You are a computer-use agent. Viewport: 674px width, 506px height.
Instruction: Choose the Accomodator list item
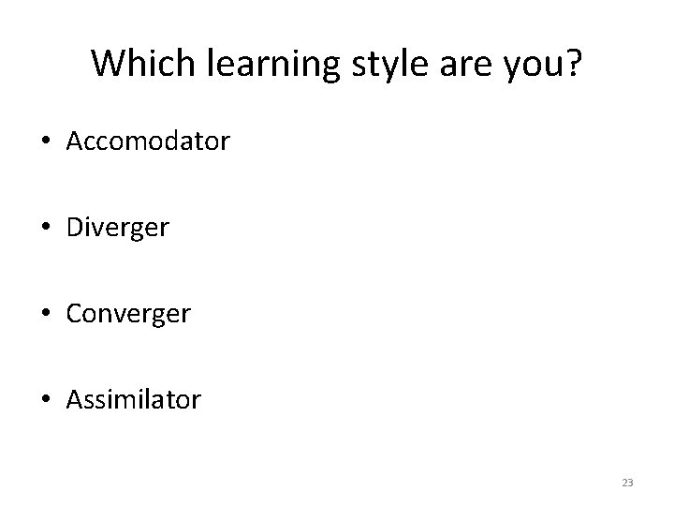(148, 142)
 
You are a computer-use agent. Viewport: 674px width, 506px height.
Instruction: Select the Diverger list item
(118, 228)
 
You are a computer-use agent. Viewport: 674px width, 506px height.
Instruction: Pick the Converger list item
(128, 314)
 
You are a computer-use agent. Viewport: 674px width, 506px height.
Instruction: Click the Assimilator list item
(133, 400)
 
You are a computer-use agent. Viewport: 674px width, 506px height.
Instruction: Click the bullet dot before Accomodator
(46, 143)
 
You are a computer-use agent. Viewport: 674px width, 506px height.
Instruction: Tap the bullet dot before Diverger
(46, 229)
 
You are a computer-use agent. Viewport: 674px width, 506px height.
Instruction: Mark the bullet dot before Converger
(46, 315)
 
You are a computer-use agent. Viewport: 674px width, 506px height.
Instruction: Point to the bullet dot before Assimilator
(46, 401)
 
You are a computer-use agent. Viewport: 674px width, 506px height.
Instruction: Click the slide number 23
(626, 483)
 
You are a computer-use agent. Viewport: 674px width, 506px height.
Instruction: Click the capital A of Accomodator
(75, 142)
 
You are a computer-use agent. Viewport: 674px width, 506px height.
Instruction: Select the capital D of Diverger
(76, 228)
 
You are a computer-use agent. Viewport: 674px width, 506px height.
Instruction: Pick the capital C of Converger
(75, 314)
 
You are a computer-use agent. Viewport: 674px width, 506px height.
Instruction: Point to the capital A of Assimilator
(75, 400)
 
